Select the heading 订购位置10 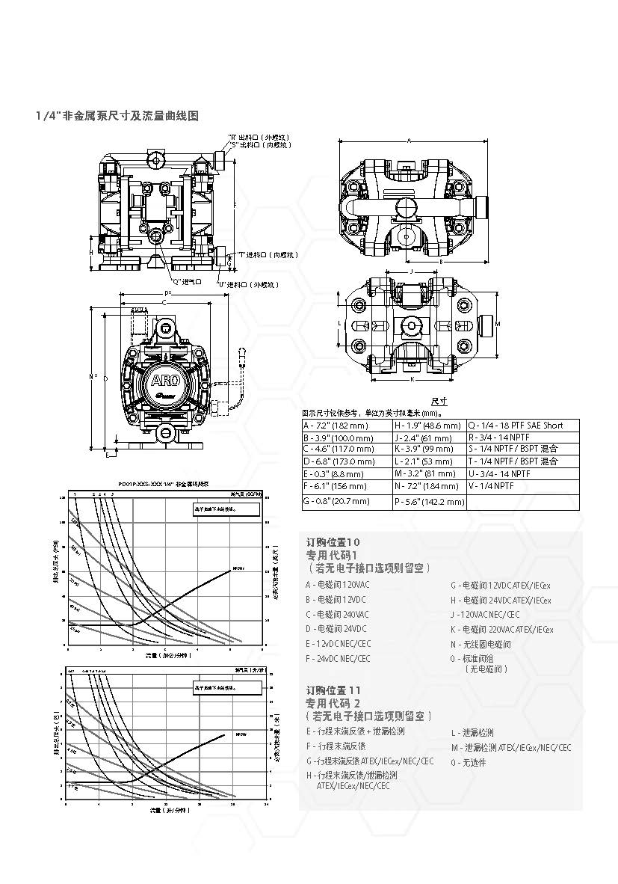click(333, 541)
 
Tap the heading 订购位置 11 click(334, 690)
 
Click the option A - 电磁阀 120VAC click(337, 584)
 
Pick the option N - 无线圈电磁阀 click(481, 644)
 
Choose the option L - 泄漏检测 click(472, 733)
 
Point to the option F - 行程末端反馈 click(336, 746)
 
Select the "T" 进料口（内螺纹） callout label click(268, 255)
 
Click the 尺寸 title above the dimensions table click(440, 402)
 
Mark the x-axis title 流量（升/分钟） click(166, 810)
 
